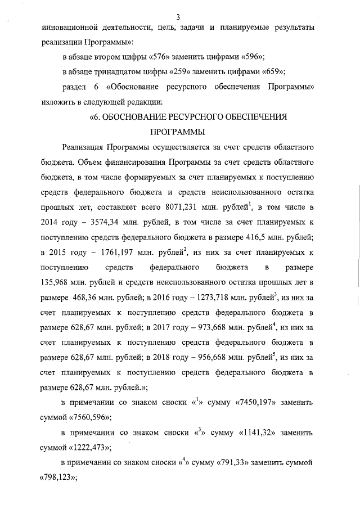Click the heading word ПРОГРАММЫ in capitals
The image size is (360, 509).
click(178, 132)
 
